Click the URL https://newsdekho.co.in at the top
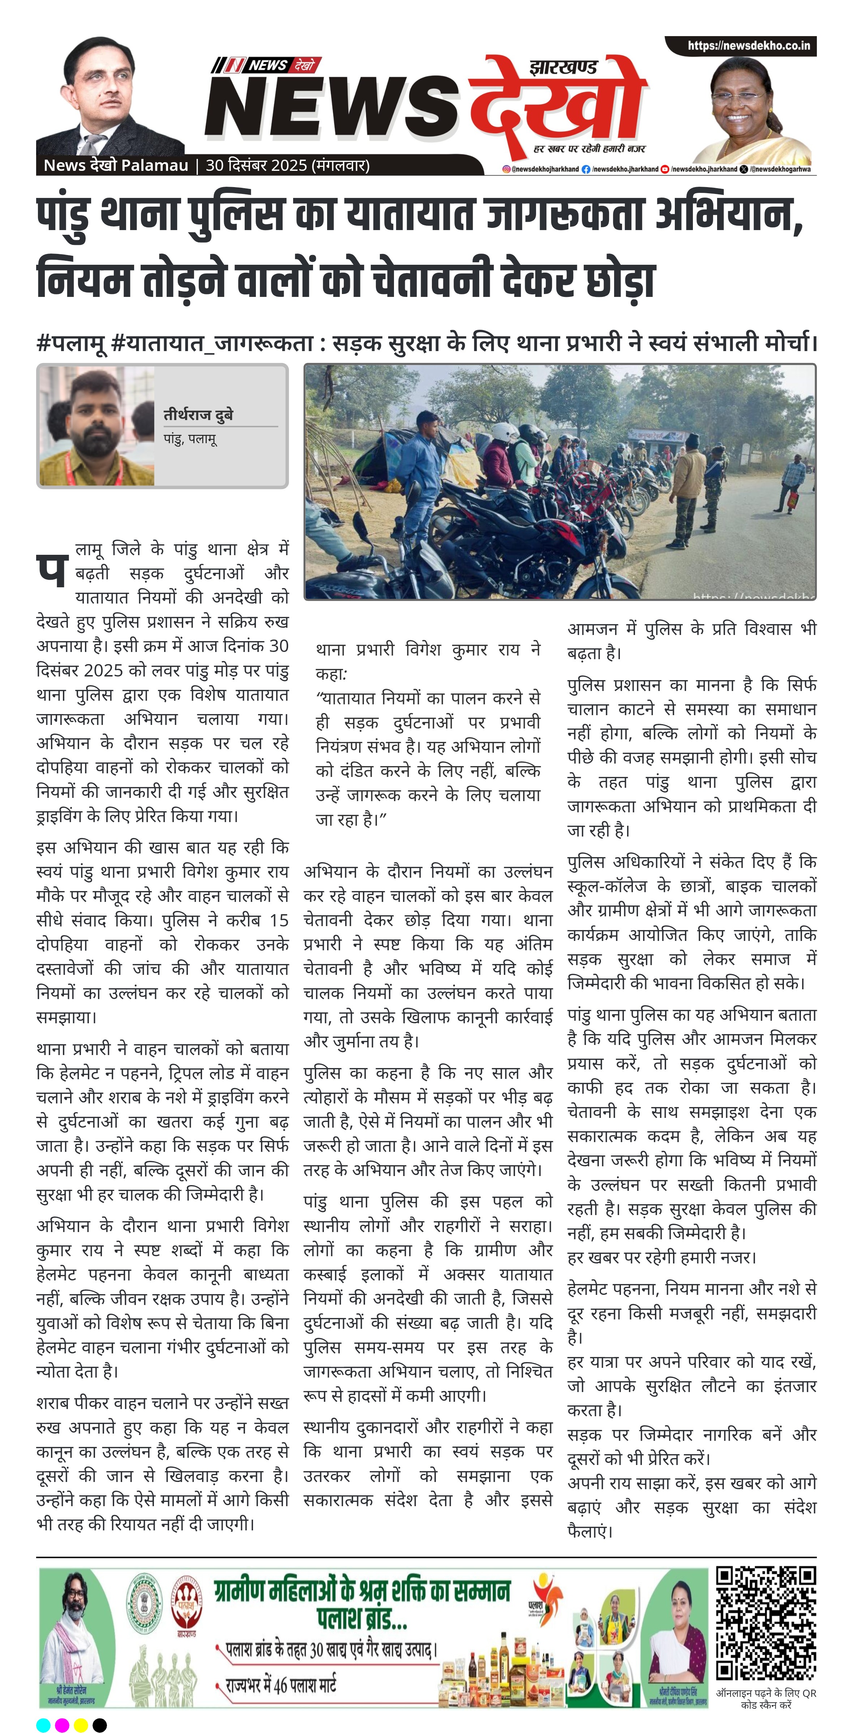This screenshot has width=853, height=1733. pos(748,46)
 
